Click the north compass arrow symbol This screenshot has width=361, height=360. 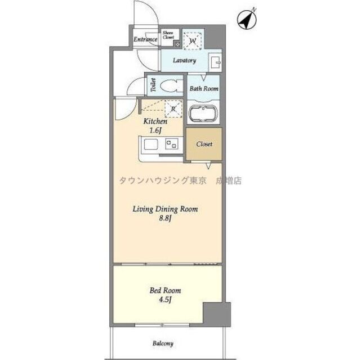click(x=245, y=20)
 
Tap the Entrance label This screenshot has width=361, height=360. click(x=145, y=40)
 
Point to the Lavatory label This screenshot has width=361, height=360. click(x=184, y=61)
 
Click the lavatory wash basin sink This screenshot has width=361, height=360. click(x=215, y=61)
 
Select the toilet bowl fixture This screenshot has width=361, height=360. click(x=170, y=85)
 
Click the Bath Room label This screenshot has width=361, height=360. click(x=203, y=88)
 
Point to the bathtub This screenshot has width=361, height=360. click(x=203, y=113)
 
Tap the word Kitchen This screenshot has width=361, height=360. click(x=155, y=121)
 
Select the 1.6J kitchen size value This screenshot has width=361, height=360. click(x=155, y=130)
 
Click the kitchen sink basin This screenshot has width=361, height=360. click(x=150, y=145)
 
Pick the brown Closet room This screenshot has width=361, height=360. click(x=204, y=144)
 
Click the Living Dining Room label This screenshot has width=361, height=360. click(x=165, y=209)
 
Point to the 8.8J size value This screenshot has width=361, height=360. click(x=164, y=218)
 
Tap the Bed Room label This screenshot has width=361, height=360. click(x=165, y=290)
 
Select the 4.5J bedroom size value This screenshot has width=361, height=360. click(x=165, y=300)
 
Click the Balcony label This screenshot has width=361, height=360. click(x=162, y=343)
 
